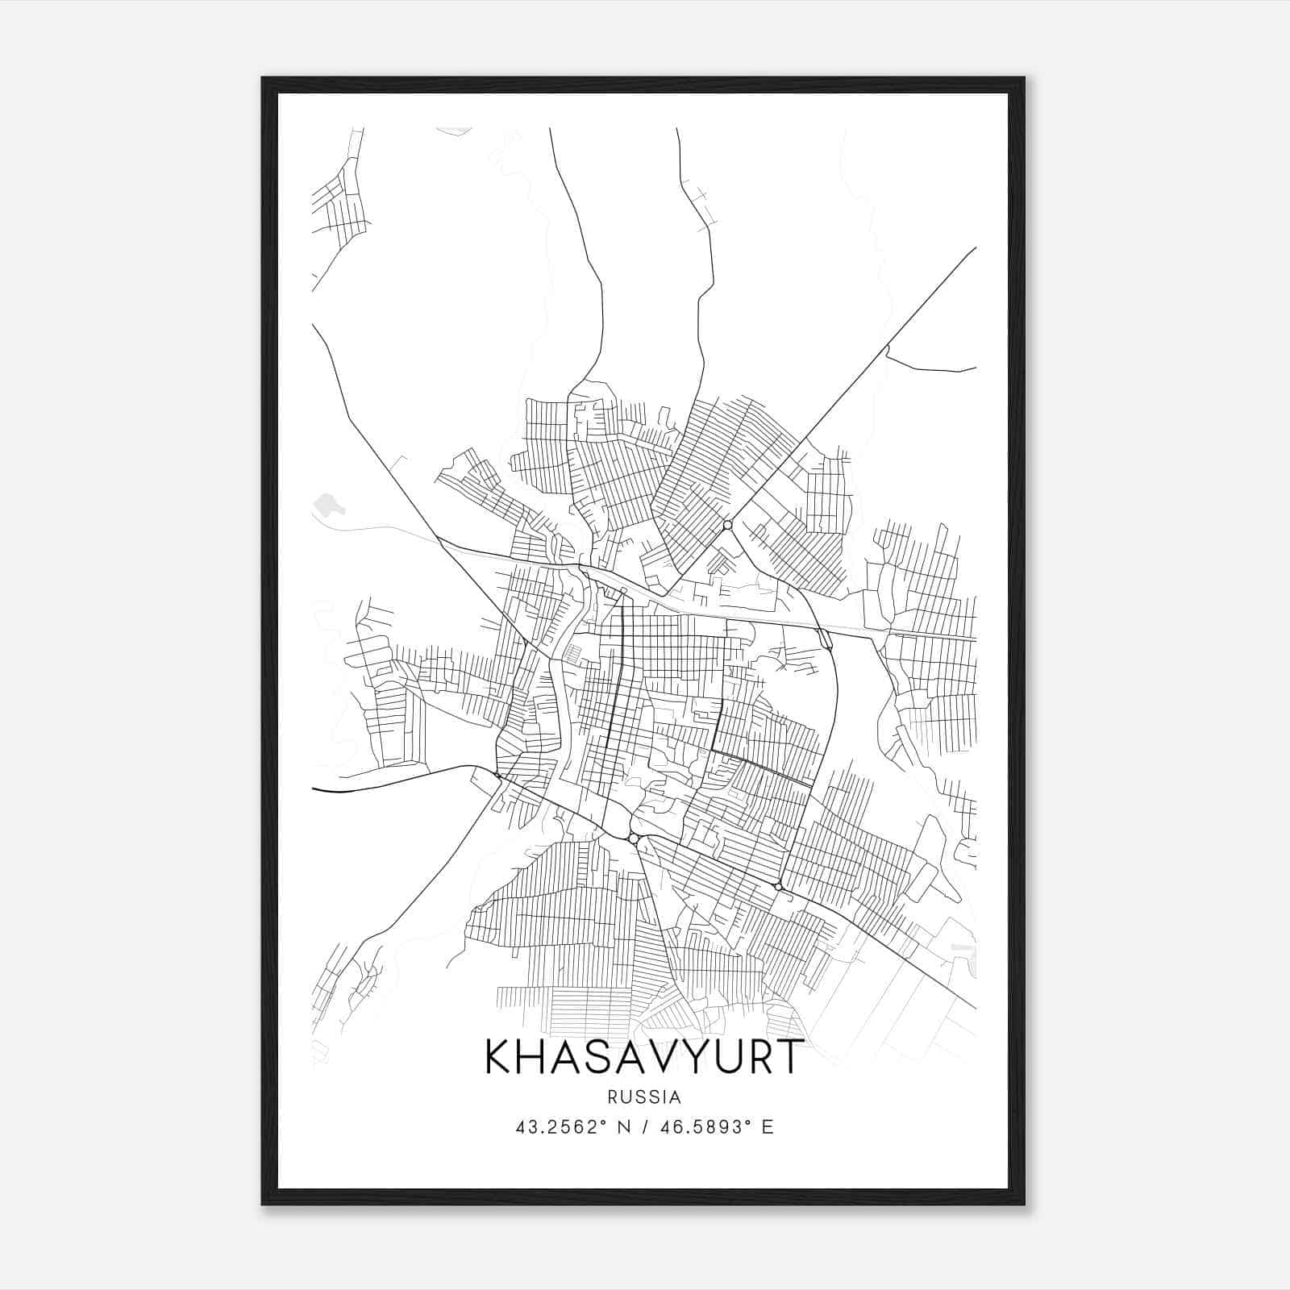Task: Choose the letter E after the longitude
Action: coord(767,1127)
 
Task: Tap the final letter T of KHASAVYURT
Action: coord(789,1057)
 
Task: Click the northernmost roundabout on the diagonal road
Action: coord(727,525)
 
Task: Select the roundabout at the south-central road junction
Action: coord(634,839)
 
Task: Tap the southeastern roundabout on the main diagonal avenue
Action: coord(778,887)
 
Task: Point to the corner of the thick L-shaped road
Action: coord(713,750)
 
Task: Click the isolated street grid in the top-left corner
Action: coord(339,202)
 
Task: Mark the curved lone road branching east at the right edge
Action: coord(927,367)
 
